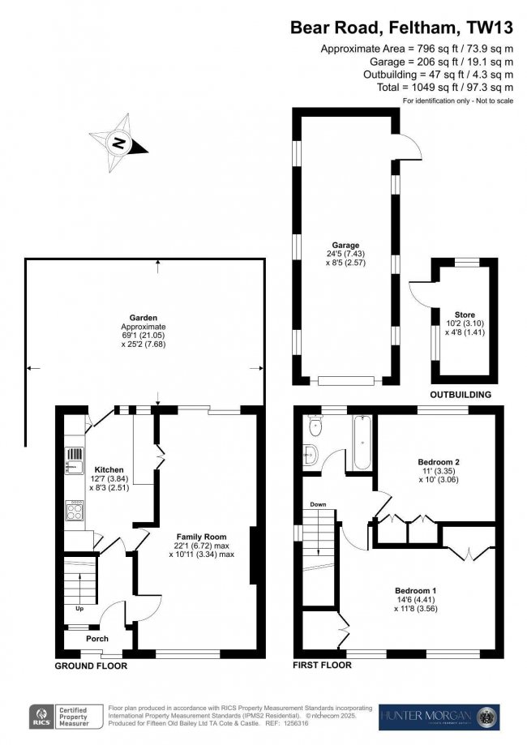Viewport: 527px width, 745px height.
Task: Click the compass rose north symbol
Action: [119, 143]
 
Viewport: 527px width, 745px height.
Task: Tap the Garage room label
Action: [345, 245]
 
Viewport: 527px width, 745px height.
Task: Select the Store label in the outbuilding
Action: [465, 315]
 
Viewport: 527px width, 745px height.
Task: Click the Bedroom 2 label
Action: [439, 462]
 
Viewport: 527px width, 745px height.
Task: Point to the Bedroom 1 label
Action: [415, 591]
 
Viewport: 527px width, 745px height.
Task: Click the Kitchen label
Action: [109, 470]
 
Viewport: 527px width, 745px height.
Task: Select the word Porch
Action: [97, 639]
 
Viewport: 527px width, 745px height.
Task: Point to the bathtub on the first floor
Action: [362, 443]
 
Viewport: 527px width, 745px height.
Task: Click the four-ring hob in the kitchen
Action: [75, 512]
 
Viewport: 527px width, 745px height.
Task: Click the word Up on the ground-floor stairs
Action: [79, 608]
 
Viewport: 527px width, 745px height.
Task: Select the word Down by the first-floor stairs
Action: [318, 504]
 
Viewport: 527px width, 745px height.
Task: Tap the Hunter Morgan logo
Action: [439, 717]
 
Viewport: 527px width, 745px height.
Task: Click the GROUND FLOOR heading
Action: [91, 666]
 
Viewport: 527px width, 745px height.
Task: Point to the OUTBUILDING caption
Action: [461, 395]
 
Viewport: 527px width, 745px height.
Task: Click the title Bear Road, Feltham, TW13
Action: [401, 28]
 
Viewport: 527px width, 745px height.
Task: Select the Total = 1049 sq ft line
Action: [445, 88]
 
